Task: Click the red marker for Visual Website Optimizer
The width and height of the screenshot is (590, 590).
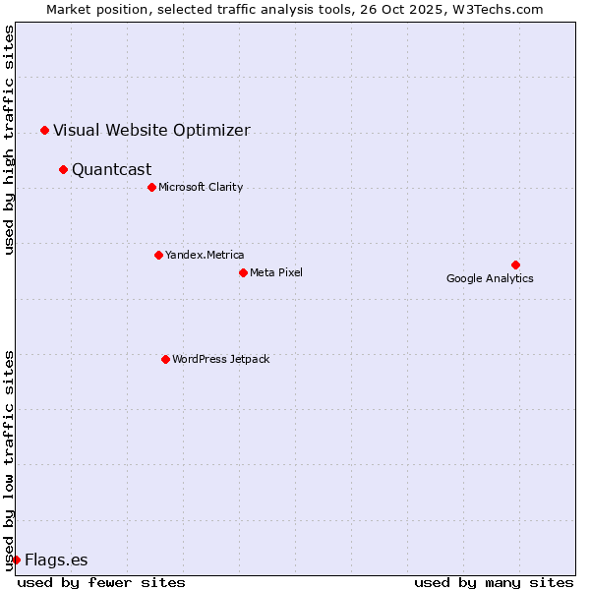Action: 44,130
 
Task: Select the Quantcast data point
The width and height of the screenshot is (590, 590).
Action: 63,169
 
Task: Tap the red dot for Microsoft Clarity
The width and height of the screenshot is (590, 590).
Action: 151,187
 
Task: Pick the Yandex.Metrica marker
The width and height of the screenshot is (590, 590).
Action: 158,255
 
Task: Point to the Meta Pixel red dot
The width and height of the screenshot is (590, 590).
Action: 243,272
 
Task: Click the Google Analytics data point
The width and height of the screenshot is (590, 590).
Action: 515,265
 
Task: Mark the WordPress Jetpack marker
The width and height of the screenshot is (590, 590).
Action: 165,359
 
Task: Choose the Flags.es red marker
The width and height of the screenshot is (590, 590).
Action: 16,560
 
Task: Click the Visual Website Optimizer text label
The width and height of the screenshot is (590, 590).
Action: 151,130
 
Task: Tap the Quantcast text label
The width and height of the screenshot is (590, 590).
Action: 112,169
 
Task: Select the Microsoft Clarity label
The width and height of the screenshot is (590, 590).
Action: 201,187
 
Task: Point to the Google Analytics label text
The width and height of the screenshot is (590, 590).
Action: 490,278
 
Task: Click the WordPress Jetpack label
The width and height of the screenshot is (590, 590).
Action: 220,359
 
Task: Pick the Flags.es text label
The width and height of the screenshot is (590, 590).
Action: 56,560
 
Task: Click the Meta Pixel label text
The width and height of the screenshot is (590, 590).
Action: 276,272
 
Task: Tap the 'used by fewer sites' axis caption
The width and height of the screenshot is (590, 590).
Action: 101,582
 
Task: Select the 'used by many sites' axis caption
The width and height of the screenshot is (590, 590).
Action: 494,582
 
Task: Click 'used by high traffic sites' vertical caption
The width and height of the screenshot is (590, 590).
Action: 9,140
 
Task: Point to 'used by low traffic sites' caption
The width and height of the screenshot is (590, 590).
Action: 9,459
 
